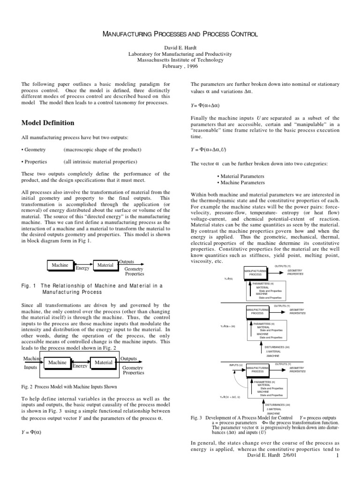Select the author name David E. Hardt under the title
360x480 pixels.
point(180,48)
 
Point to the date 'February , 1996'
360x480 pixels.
point(180,66)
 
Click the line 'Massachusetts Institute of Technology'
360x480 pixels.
point(180,60)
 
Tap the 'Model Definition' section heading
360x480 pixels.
point(48,123)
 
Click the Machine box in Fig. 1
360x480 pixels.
point(60,265)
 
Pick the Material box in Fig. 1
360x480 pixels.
point(105,265)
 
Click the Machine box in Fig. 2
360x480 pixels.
point(57,362)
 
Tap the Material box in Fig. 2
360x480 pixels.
point(104,362)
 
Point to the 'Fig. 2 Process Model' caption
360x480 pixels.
point(69,387)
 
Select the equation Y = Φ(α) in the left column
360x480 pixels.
point(32,432)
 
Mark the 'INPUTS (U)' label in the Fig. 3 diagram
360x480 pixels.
point(236,365)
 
